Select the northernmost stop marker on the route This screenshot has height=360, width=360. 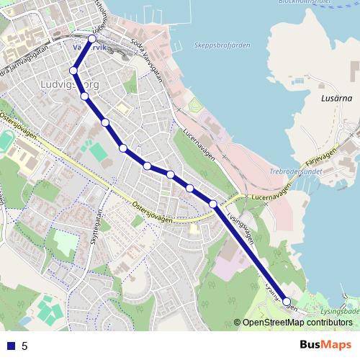coord(92,39)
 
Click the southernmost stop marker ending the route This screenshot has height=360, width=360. coord(287,302)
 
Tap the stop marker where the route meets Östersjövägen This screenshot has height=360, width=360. coord(213,204)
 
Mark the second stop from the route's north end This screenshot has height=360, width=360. coord(73,71)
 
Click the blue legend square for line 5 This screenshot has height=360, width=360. coord(10,346)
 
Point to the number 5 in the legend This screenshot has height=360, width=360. coord(24,346)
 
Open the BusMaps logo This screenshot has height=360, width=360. coord(325,345)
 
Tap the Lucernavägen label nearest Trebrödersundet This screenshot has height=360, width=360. coord(269,192)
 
